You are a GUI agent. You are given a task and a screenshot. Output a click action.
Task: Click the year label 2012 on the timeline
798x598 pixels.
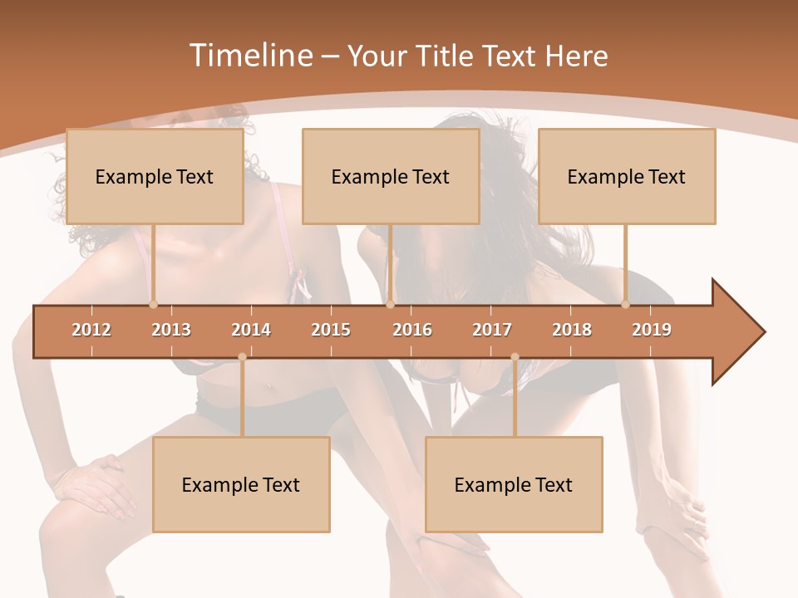pos(91,330)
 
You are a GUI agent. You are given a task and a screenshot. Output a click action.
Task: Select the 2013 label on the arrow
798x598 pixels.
pos(171,330)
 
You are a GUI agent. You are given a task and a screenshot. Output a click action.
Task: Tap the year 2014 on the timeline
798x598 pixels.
pos(251,330)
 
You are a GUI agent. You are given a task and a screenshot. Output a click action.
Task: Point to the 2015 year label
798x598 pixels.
pos(331,330)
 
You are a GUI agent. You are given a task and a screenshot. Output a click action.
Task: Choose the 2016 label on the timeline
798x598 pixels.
pos(412,330)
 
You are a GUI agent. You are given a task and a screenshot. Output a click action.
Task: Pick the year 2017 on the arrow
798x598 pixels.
pos(492,330)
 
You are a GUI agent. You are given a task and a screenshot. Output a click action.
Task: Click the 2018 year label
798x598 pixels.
pos(572,330)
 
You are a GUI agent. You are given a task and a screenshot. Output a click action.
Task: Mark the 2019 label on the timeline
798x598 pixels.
pos(652,330)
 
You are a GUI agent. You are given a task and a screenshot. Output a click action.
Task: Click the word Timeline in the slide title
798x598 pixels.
pos(249,56)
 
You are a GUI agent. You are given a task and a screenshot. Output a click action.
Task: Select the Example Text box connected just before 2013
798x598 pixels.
pos(155,176)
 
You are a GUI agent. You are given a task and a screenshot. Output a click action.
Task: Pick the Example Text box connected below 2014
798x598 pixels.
pos(241,484)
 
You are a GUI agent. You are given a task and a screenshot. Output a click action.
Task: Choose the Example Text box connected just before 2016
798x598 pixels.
pos(391,176)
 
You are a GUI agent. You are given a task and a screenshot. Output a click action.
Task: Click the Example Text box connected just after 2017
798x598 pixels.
pos(514,484)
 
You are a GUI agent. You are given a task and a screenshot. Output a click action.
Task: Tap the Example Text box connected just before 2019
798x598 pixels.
pos(627,176)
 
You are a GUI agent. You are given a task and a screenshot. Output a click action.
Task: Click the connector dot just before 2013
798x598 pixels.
pos(153,305)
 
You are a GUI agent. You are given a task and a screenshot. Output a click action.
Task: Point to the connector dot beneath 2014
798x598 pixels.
pos(242,357)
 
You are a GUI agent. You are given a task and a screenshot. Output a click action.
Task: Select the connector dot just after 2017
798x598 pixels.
pos(515,357)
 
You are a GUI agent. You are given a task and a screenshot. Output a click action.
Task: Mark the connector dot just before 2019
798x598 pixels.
pos(625,305)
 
